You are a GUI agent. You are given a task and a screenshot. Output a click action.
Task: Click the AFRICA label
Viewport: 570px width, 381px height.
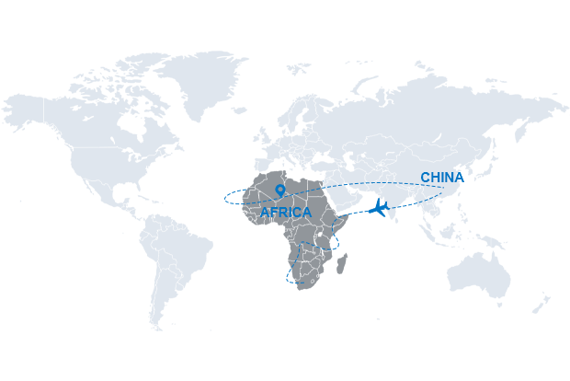click(286, 213)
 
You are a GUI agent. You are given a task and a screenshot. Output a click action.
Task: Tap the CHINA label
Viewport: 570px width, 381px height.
click(441, 177)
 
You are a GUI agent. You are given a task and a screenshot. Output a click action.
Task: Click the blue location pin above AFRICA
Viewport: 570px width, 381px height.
click(279, 190)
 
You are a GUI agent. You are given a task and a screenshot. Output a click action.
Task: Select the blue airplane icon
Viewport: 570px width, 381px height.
click(379, 207)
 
